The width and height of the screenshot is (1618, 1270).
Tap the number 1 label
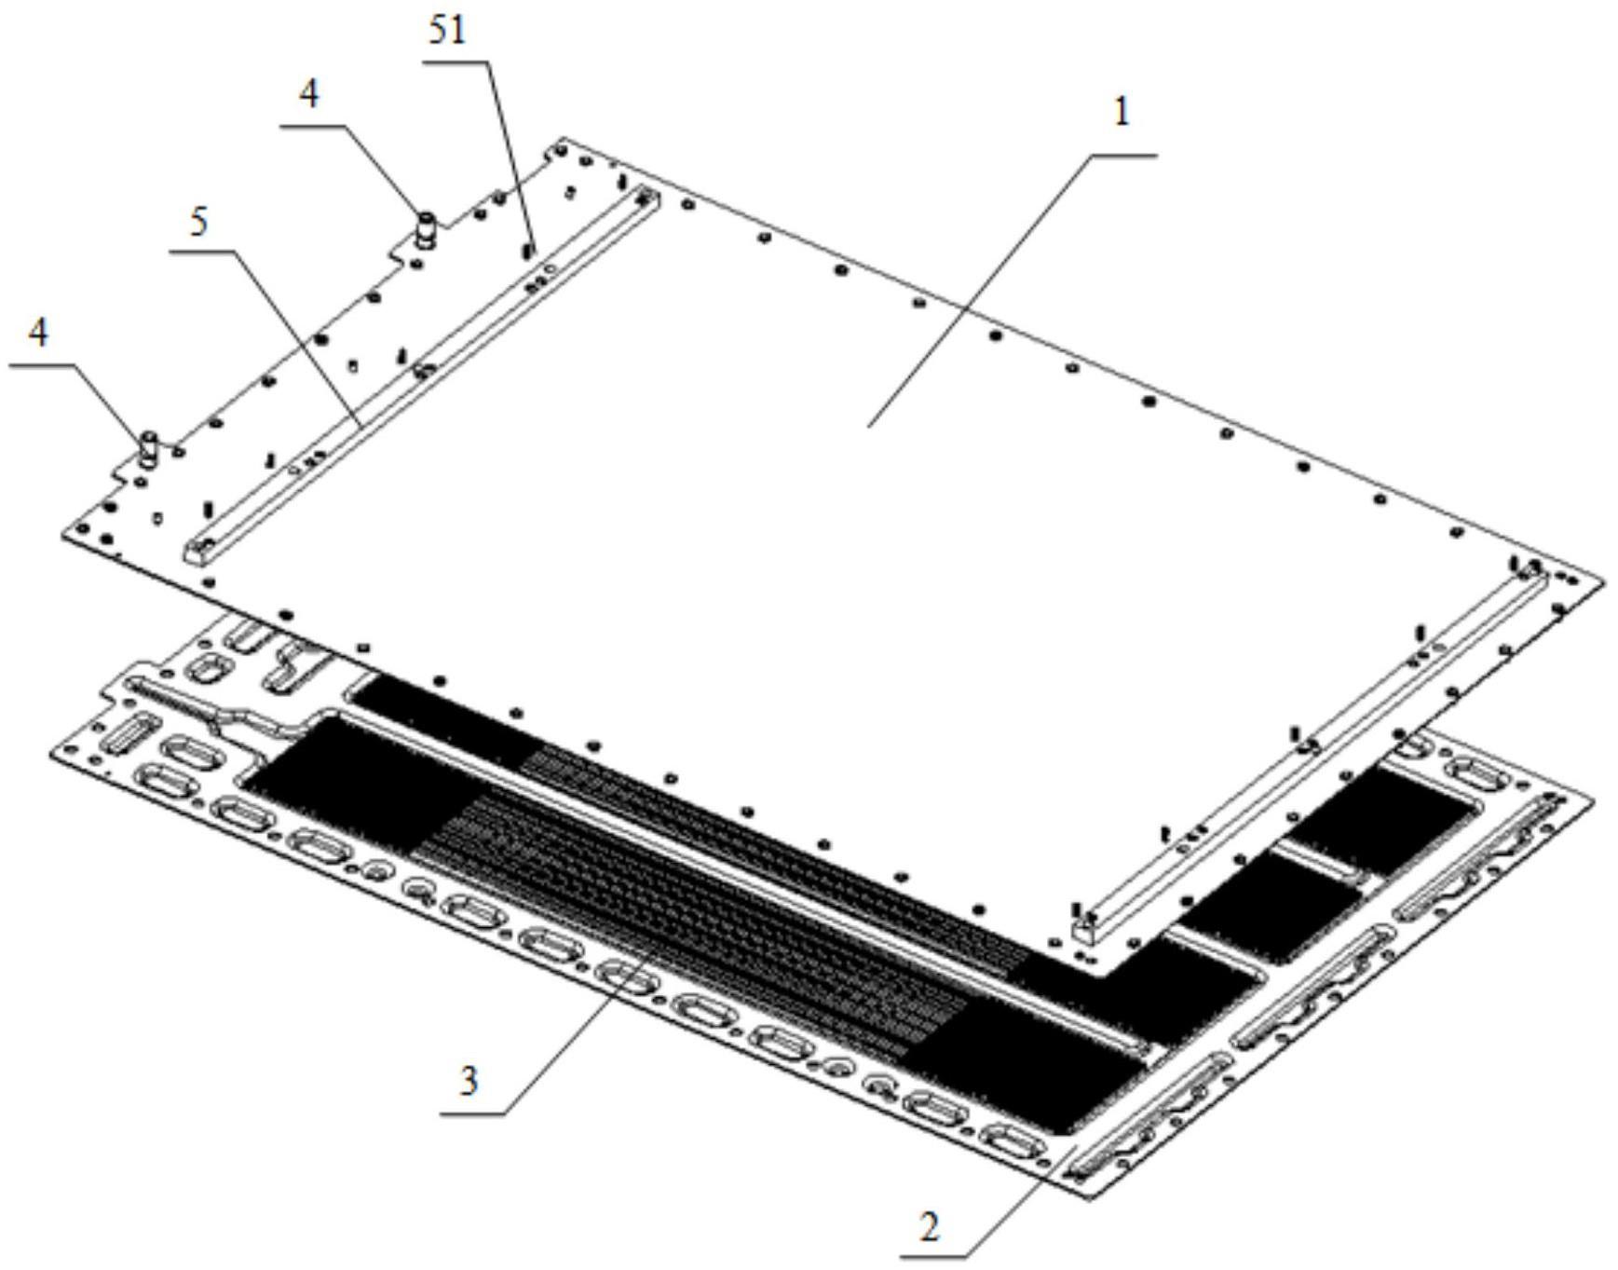pos(1122,113)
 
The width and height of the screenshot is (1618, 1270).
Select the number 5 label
pos(198,223)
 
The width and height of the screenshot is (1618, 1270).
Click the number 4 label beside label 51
pos(309,93)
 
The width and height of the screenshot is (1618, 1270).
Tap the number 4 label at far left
pos(38,333)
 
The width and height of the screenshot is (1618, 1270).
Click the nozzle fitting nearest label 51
pos(426,229)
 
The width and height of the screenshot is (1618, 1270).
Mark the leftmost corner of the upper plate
pos(63,533)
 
